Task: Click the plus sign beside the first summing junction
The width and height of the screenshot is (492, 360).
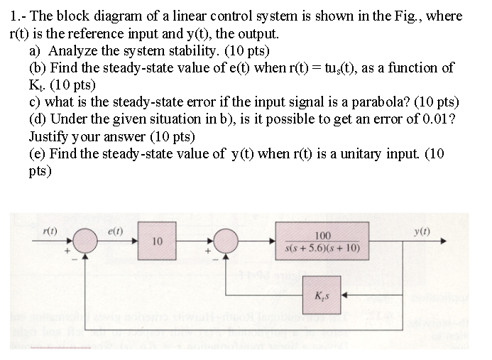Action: (69, 251)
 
